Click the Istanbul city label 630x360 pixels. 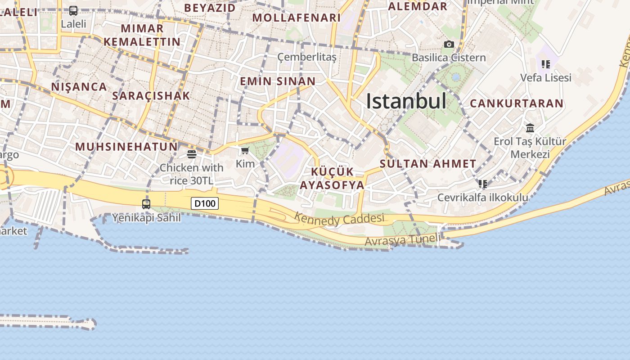point(406,101)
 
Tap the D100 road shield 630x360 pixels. point(205,203)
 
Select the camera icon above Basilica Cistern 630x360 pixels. point(449,44)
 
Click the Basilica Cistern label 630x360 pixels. point(449,58)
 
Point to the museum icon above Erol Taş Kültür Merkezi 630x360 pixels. point(530,128)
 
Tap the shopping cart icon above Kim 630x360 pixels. point(245,150)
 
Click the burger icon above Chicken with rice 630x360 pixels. point(192,154)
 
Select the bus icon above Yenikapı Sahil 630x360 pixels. point(146,204)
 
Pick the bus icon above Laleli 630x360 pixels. point(73,10)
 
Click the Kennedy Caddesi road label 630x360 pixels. point(339,219)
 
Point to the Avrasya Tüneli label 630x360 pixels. point(402,240)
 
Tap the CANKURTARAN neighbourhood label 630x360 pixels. point(517,103)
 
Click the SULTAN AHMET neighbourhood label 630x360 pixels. point(428,164)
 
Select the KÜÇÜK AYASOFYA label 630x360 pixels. point(332,179)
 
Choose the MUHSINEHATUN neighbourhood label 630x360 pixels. point(126,147)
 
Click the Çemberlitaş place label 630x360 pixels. point(307,57)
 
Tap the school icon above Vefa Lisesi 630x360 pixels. point(546,64)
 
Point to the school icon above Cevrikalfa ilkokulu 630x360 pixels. point(483,184)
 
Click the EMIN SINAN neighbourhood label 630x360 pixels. point(278,81)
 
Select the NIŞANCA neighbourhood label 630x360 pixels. point(79,87)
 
